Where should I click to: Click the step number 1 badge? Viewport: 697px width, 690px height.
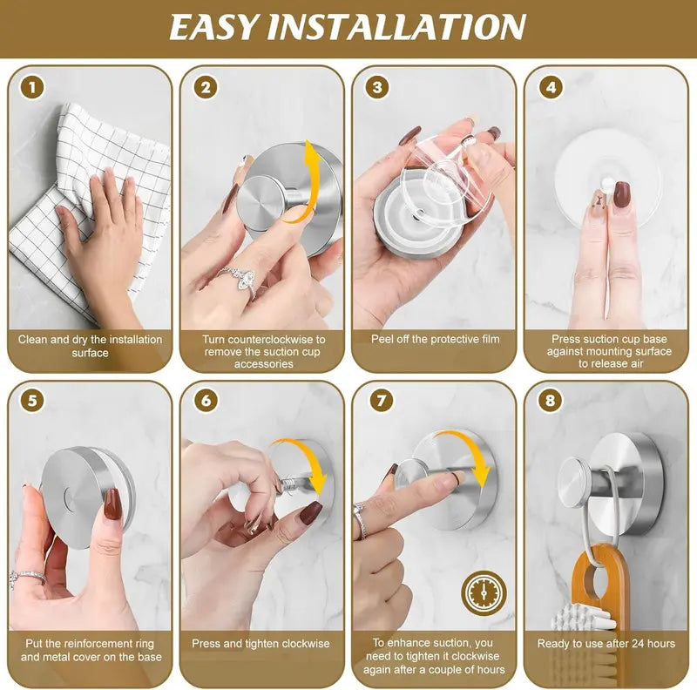point(33,87)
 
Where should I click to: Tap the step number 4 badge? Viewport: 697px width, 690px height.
point(551,87)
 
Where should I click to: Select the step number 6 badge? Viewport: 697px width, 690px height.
point(206,402)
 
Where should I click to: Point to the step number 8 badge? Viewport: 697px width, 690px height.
point(551,402)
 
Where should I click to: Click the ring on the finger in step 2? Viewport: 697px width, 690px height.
point(238,278)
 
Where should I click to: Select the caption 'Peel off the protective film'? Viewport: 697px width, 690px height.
point(435,339)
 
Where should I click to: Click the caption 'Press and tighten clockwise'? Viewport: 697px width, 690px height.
point(261,644)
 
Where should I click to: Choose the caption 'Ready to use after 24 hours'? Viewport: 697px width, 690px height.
point(606,644)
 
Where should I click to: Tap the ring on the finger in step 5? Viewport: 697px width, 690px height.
point(28,578)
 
